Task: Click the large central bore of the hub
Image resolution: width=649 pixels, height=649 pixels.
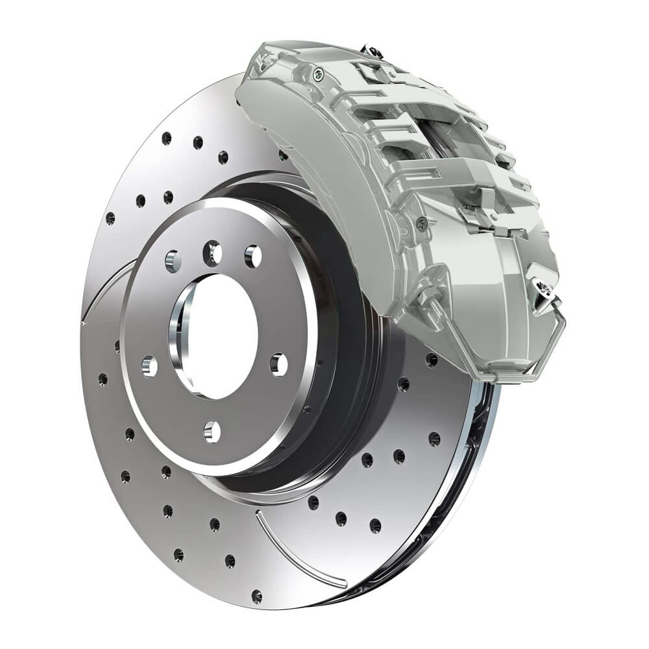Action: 214,334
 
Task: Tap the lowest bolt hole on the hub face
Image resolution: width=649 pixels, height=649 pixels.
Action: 211,430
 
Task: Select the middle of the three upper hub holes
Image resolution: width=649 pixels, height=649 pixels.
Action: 212,253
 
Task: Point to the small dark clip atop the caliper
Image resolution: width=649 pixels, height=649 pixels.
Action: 372,49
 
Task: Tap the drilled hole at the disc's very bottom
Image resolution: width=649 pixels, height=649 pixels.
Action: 257,594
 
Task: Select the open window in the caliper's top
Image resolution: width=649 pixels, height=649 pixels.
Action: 448,140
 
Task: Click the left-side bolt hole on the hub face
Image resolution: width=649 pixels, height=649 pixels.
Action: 149,367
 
